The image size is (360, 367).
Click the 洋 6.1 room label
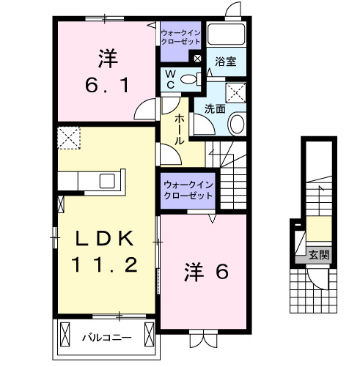(108, 70)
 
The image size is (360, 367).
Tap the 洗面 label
(215, 109)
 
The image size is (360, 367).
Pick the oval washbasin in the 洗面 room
(237, 124)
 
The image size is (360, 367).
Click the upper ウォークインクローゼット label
(180, 37)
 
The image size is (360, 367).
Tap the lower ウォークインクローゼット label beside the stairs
(188, 190)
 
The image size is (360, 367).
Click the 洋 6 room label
(206, 273)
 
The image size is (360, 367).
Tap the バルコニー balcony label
(106, 338)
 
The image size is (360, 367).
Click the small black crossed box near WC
(196, 56)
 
